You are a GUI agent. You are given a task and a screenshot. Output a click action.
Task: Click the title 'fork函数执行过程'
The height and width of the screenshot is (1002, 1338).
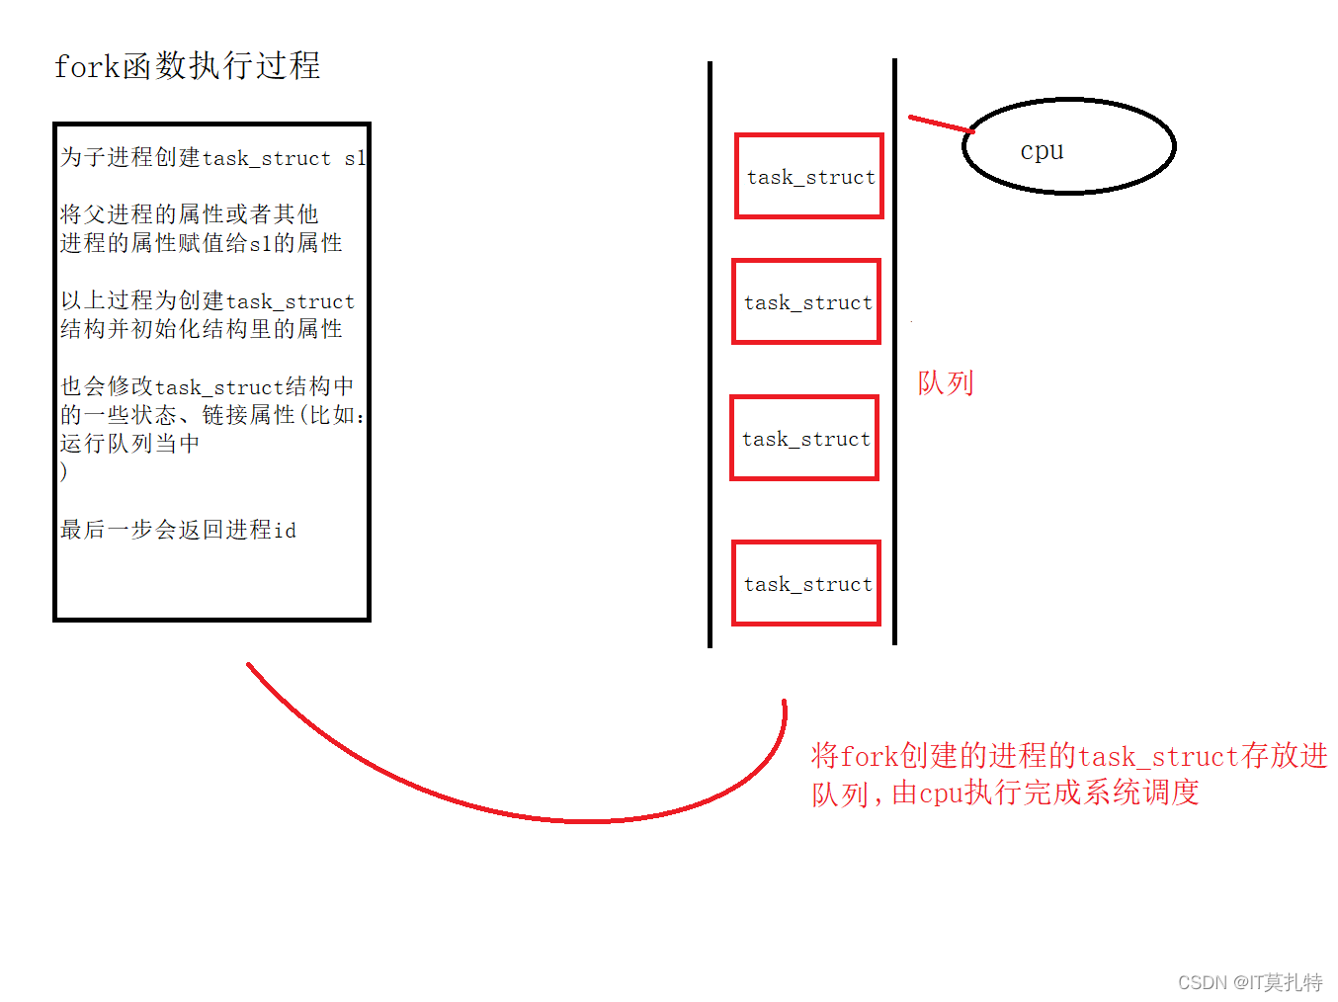(187, 66)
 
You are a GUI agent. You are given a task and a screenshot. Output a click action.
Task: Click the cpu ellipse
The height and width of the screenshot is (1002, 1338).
(1068, 146)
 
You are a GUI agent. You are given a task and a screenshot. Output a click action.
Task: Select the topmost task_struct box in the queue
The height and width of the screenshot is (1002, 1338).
(808, 176)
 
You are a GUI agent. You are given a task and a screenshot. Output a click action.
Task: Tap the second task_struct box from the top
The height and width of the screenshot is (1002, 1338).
(806, 301)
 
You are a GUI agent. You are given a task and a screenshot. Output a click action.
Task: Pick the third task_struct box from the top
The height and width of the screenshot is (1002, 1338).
(804, 438)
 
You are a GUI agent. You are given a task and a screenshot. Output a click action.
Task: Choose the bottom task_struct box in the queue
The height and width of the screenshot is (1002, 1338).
(806, 583)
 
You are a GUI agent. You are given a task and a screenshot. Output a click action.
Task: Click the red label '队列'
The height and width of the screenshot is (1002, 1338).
(946, 382)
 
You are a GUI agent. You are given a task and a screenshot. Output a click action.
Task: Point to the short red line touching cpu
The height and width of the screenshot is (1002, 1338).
(940, 124)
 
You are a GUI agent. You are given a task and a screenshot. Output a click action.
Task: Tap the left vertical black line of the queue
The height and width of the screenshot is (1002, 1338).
(710, 356)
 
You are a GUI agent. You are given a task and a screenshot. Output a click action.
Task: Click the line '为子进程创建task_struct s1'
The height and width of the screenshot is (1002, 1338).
(212, 158)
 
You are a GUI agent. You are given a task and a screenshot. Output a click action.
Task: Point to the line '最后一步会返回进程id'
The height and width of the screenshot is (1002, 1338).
(178, 530)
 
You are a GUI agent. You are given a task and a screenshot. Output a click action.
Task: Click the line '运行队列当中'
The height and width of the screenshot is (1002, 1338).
(129, 444)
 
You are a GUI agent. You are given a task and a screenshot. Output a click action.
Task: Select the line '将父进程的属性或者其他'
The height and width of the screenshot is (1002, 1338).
(189, 214)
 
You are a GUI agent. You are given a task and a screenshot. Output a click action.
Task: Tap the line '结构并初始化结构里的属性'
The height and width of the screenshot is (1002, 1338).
(202, 329)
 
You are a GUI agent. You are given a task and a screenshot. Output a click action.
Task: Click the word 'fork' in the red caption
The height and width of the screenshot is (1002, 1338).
(869, 757)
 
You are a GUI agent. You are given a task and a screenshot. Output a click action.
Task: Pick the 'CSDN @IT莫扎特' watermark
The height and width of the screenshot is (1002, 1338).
(1249, 982)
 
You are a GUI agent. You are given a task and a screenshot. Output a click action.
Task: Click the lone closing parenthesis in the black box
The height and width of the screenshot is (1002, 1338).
(64, 471)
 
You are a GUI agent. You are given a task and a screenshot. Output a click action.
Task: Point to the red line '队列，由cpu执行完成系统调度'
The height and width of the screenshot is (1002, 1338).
(1005, 793)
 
